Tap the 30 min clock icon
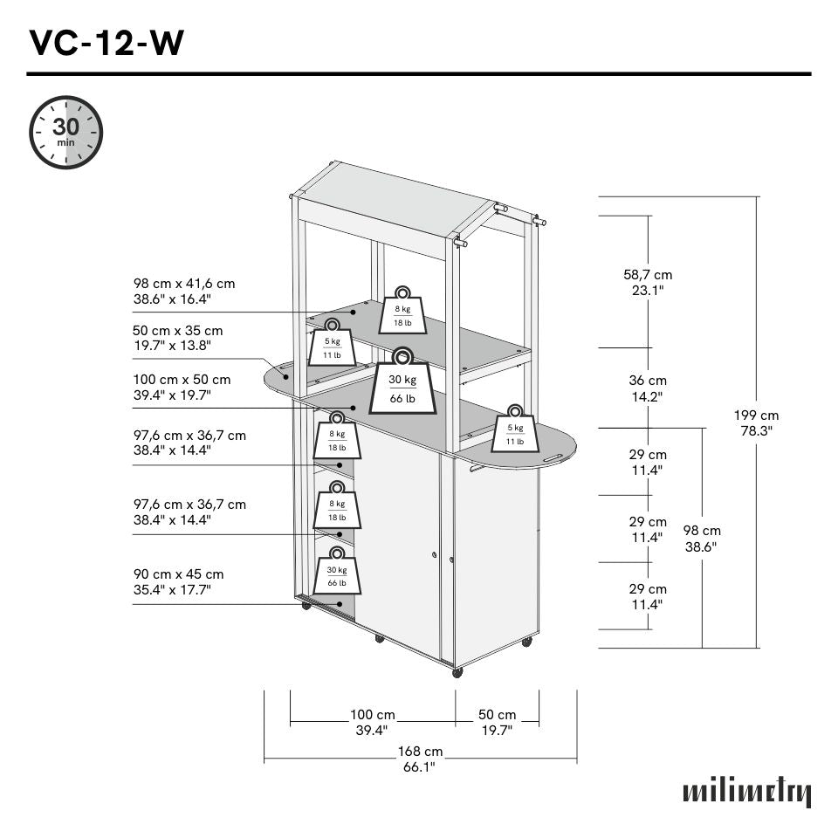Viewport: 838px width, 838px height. pyautogui.click(x=66, y=133)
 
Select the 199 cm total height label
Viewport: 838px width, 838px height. pyautogui.click(x=756, y=422)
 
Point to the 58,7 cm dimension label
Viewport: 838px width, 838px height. pyautogui.click(x=648, y=282)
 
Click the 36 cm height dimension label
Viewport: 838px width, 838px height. pyautogui.click(x=648, y=388)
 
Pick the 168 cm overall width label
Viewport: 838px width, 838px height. pyautogui.click(x=421, y=759)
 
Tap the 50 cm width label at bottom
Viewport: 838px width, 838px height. pyautogui.click(x=497, y=722)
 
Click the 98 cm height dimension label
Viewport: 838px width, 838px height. pyautogui.click(x=702, y=538)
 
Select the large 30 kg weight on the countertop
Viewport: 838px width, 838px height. pyautogui.click(x=402, y=383)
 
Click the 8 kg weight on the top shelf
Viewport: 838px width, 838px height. pyautogui.click(x=402, y=312)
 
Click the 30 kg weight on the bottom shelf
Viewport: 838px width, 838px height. pyautogui.click(x=337, y=571)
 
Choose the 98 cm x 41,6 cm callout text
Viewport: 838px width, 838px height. pyautogui.click(x=184, y=291)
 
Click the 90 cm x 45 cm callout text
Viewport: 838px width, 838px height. pyautogui.click(x=178, y=581)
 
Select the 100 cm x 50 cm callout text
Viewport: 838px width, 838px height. pyautogui.click(x=182, y=387)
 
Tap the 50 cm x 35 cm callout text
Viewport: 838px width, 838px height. pyautogui.click(x=178, y=338)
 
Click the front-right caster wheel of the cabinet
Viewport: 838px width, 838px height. pyautogui.click(x=457, y=672)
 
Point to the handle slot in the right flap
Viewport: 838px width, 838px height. pyautogui.click(x=552, y=457)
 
